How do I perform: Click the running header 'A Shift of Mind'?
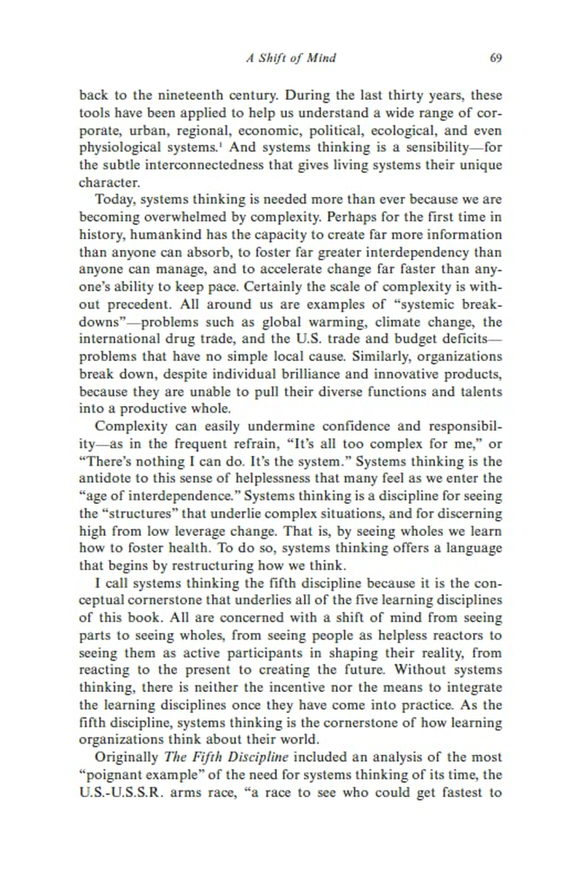tap(291, 58)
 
